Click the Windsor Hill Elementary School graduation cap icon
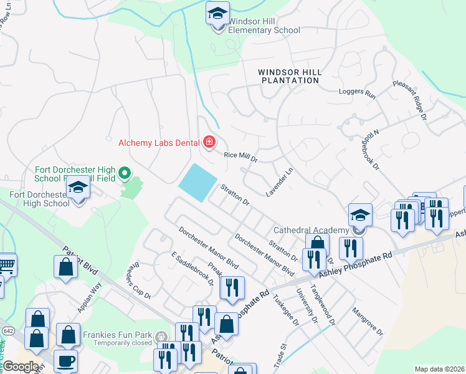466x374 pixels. click(x=218, y=13)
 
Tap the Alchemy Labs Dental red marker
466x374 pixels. click(x=209, y=143)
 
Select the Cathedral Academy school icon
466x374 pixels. click(x=360, y=216)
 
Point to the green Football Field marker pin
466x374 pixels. click(x=125, y=172)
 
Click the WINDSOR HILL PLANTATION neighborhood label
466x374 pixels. click(x=290, y=76)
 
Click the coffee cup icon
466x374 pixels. click(x=65, y=362)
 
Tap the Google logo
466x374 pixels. click(x=21, y=366)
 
